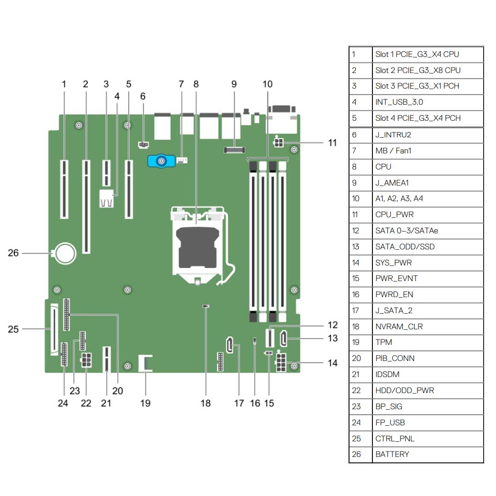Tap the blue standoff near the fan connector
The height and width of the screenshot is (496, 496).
[x=161, y=161]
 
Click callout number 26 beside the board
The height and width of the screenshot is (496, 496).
[x=14, y=253]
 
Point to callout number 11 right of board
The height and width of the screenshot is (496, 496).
[x=333, y=143]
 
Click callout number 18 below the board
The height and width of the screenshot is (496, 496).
[x=205, y=403]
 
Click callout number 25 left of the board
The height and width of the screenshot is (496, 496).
[x=14, y=329]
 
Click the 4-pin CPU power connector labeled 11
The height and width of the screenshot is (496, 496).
[x=278, y=143]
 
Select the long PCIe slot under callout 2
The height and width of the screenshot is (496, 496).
[x=86, y=207]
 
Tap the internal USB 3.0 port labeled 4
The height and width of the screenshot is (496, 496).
[x=106, y=200]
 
